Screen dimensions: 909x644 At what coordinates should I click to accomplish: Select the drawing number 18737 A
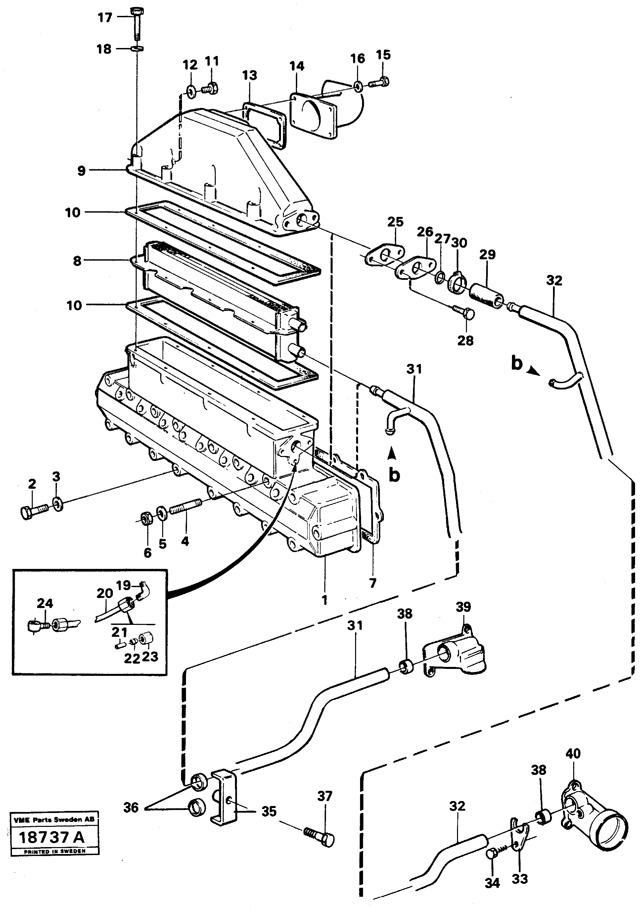(52, 837)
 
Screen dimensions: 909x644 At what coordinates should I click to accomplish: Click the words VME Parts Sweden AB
(53, 819)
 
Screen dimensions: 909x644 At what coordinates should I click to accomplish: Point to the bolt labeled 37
(320, 841)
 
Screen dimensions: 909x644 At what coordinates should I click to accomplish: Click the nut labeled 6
(145, 518)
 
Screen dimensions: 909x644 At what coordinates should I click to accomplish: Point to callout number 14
(297, 66)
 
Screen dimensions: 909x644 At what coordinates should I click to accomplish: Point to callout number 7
(372, 583)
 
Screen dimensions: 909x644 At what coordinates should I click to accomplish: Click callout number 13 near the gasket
(250, 76)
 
